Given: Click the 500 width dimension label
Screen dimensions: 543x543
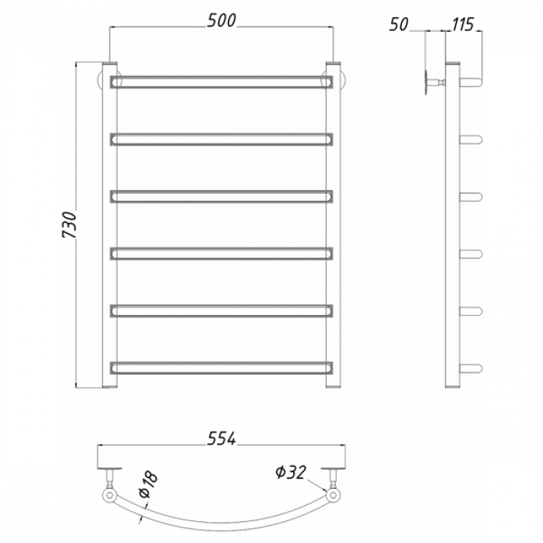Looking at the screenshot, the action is [x=221, y=21].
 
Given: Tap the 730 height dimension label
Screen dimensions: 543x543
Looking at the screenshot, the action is [x=68, y=225].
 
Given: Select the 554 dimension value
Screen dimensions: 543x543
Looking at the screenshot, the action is [x=221, y=439].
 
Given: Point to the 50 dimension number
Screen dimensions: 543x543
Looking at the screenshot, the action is [x=399, y=24].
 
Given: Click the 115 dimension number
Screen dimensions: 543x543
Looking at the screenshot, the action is [x=462, y=24].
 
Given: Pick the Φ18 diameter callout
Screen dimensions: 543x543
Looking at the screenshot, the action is [x=149, y=484].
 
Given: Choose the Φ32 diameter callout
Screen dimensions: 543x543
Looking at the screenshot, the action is [x=291, y=472].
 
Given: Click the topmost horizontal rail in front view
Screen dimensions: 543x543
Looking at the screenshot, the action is [x=222, y=81].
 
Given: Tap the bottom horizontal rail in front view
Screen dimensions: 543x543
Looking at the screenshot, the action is [x=222, y=368].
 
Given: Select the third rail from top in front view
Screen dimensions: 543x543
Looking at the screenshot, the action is [x=222, y=196].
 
